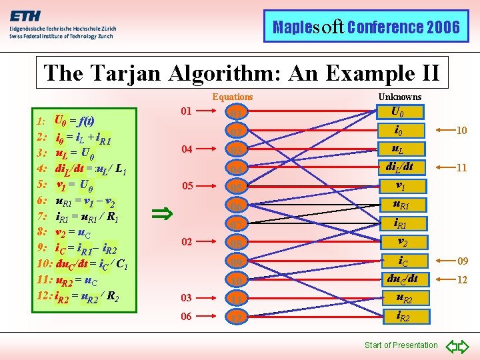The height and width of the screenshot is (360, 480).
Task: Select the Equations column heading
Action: pyautogui.click(x=233, y=97)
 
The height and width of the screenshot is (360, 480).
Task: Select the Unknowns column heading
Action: pyautogui.click(x=400, y=97)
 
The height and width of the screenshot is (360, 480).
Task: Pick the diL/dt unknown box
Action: pyautogui.click(x=400, y=167)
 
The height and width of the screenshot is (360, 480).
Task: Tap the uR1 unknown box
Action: pyautogui.click(x=400, y=205)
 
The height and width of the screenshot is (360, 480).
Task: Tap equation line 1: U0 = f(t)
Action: pyautogui.click(x=65, y=122)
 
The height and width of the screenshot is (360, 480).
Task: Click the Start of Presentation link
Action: pyautogui.click(x=401, y=345)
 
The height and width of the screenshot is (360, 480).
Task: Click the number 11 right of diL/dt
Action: pyautogui.click(x=461, y=169)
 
